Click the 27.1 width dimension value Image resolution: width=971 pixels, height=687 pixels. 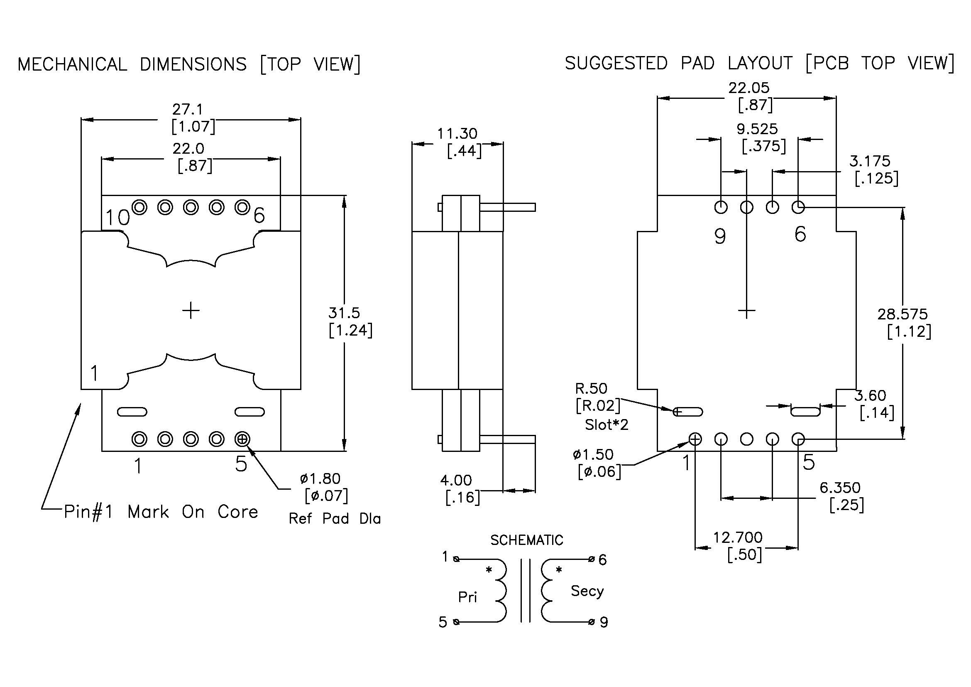[x=187, y=110]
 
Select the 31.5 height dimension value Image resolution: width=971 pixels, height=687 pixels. [x=344, y=313]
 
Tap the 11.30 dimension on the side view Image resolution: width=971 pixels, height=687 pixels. [x=457, y=134]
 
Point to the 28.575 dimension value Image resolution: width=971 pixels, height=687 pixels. [x=903, y=314]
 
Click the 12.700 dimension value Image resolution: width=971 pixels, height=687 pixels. [x=738, y=537]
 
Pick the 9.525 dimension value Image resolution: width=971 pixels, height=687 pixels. [x=757, y=129]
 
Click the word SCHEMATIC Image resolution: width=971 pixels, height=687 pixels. [x=527, y=540]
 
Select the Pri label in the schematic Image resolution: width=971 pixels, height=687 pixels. [x=467, y=597]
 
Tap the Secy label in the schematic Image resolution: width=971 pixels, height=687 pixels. [x=587, y=591]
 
